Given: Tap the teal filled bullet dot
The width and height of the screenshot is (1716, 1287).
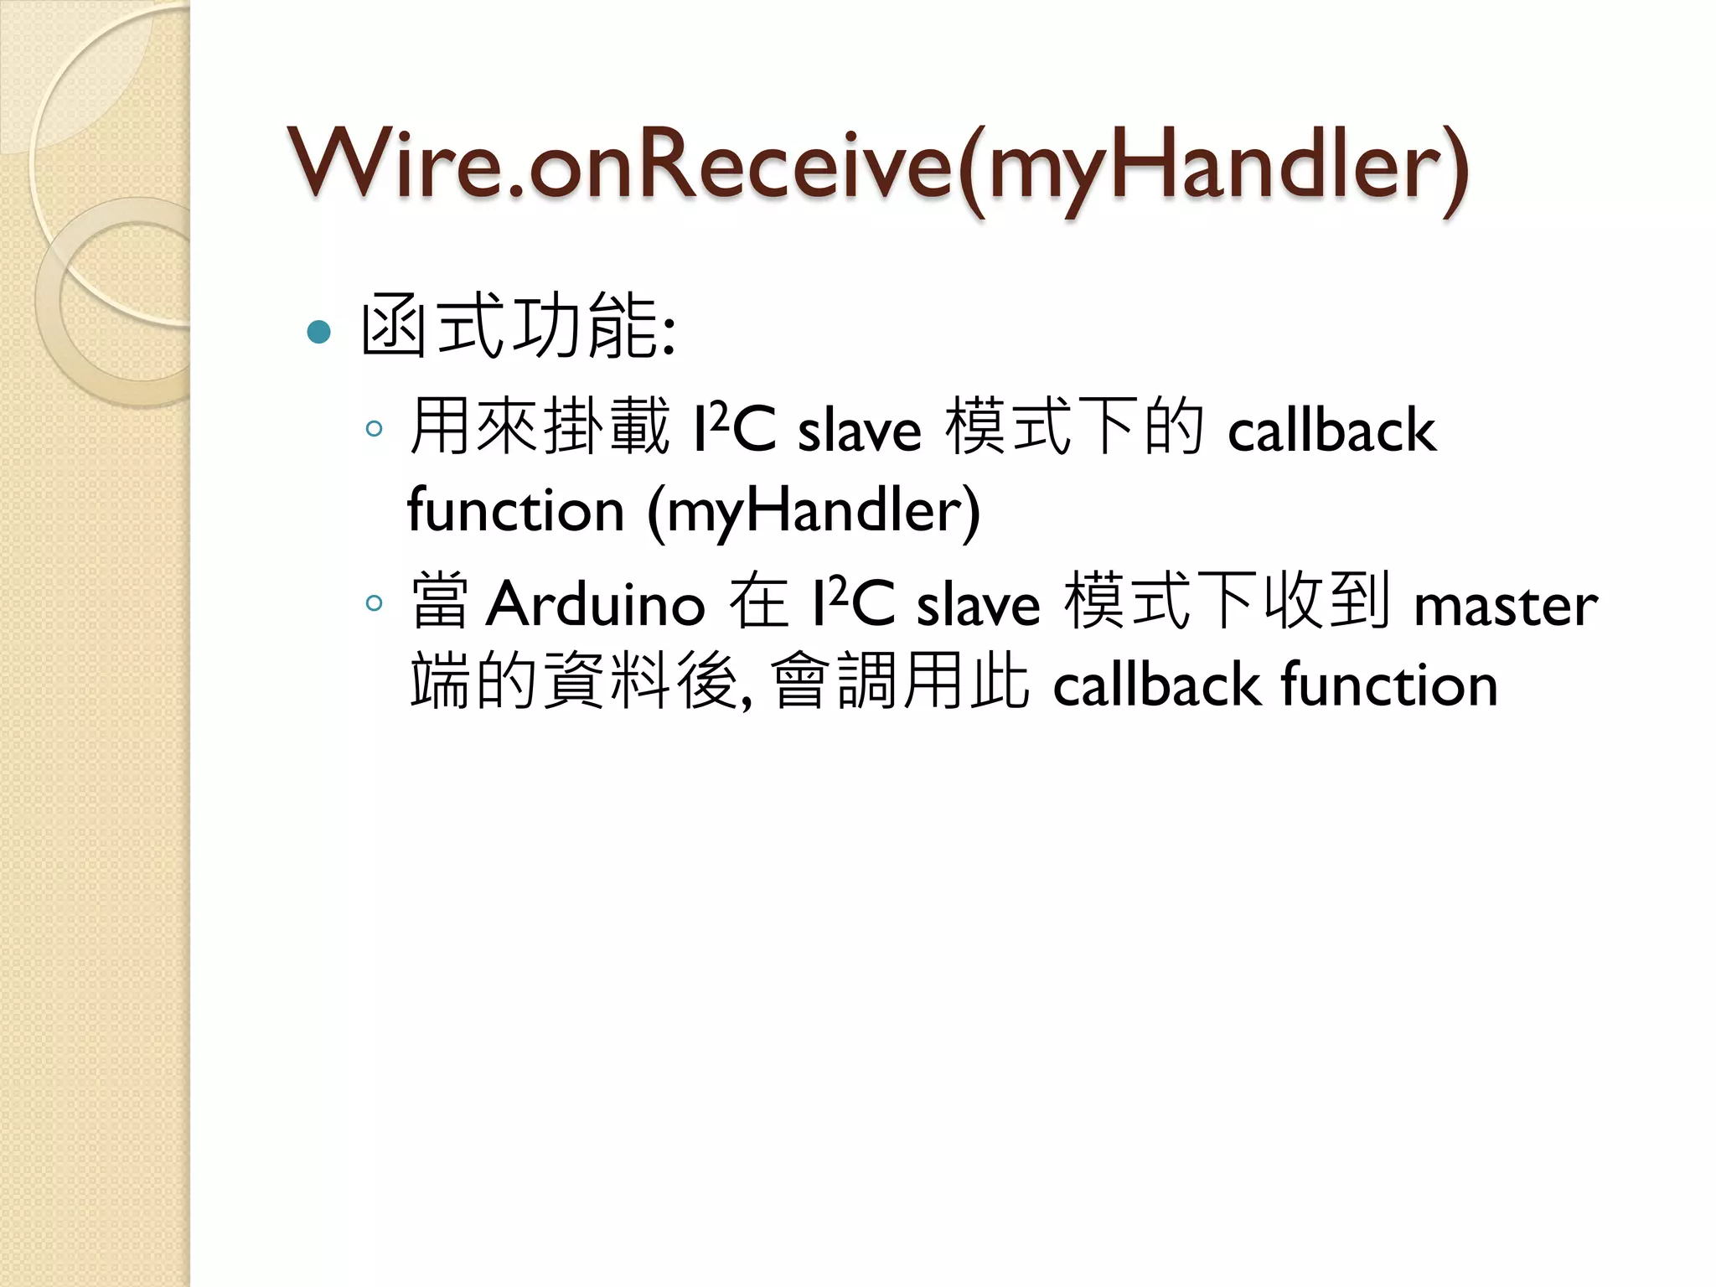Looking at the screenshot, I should point(319,333).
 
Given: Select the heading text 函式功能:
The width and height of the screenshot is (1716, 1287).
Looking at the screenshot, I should point(518,327).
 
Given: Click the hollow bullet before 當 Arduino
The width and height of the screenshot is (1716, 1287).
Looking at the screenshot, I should point(374,603).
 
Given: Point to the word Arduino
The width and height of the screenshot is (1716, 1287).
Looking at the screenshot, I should point(596,603).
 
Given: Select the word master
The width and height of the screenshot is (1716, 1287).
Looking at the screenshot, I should point(1506,605).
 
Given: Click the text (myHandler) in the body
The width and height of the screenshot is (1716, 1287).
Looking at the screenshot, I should point(813,510).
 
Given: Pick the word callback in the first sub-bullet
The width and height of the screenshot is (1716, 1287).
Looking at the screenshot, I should point(1331,431).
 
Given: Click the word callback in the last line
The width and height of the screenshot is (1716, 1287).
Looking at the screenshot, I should point(1156,685).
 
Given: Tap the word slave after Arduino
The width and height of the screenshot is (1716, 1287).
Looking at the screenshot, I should point(978,605).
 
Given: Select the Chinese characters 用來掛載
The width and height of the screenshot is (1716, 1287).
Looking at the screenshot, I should point(540,427).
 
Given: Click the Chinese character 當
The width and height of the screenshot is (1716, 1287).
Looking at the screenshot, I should point(439,602).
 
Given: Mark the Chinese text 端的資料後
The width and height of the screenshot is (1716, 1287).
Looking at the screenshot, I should point(574,682).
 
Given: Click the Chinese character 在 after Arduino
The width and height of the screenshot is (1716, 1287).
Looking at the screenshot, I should point(758,602).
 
